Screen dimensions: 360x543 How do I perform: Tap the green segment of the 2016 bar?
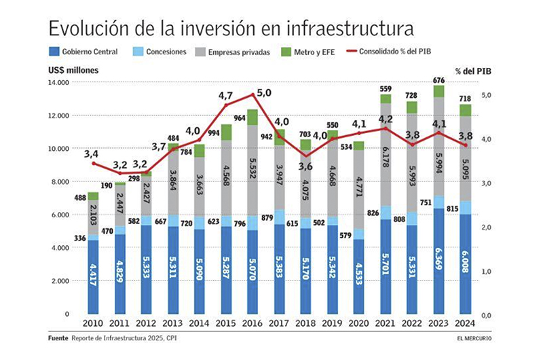pyautogui.click(x=252, y=117)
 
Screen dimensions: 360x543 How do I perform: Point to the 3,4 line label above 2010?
pyautogui.click(x=91, y=155)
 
